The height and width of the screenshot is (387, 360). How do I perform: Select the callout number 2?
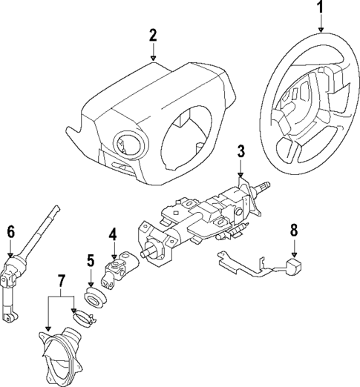click(x=153, y=34)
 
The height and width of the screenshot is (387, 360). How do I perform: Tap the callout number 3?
click(x=240, y=152)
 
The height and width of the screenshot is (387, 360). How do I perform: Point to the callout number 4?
click(x=113, y=235)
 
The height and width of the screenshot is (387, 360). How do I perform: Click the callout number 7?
click(x=61, y=282)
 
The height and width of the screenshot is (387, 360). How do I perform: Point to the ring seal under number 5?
click(x=94, y=299)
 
